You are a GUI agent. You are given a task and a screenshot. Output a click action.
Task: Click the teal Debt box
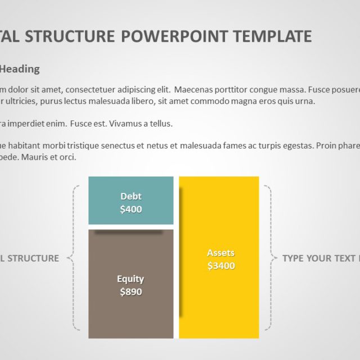[130, 200]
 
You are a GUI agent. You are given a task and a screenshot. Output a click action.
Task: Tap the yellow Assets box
[219, 257]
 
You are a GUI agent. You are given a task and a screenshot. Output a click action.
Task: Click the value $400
[130, 209]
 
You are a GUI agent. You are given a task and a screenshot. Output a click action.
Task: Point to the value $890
[130, 292]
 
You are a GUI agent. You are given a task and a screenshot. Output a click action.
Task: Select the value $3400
[220, 266]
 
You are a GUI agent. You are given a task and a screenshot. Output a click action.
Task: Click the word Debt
[130, 196]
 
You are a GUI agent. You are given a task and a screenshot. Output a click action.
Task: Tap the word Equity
[130, 279]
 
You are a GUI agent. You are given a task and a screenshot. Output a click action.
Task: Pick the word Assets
[220, 253]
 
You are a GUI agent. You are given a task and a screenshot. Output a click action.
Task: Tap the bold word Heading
[20, 69]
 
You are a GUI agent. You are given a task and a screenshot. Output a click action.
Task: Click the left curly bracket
[73, 258]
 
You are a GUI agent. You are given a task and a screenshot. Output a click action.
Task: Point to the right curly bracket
[273, 258]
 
